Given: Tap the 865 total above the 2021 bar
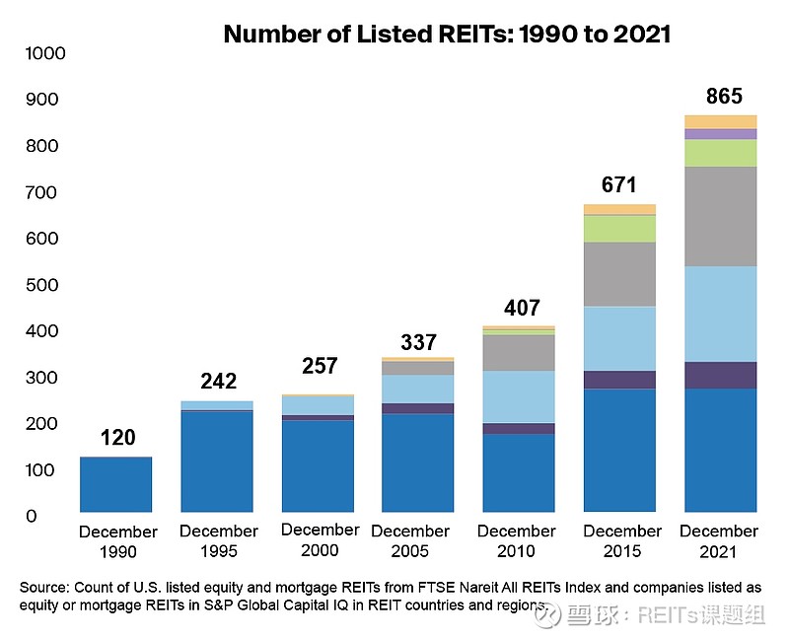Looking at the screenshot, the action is tap(724, 97).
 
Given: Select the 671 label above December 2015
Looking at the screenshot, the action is tap(619, 184).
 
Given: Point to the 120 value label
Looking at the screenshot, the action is tap(117, 438).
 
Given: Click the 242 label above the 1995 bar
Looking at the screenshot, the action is tap(219, 382).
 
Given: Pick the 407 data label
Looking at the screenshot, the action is tap(520, 308).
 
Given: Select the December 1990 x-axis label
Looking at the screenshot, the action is tap(117, 541).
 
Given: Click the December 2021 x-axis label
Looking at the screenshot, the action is tap(720, 540).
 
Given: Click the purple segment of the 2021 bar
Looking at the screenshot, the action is tap(720, 134).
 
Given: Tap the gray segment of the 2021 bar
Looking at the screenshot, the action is tap(720, 216).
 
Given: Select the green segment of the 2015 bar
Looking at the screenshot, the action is tap(619, 229).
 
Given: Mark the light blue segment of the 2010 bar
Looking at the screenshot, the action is tap(519, 396).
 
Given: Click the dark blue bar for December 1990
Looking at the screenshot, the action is tap(117, 484).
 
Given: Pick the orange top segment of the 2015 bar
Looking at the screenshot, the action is tap(619, 209).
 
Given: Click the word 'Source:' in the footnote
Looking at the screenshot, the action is tap(42, 587).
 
